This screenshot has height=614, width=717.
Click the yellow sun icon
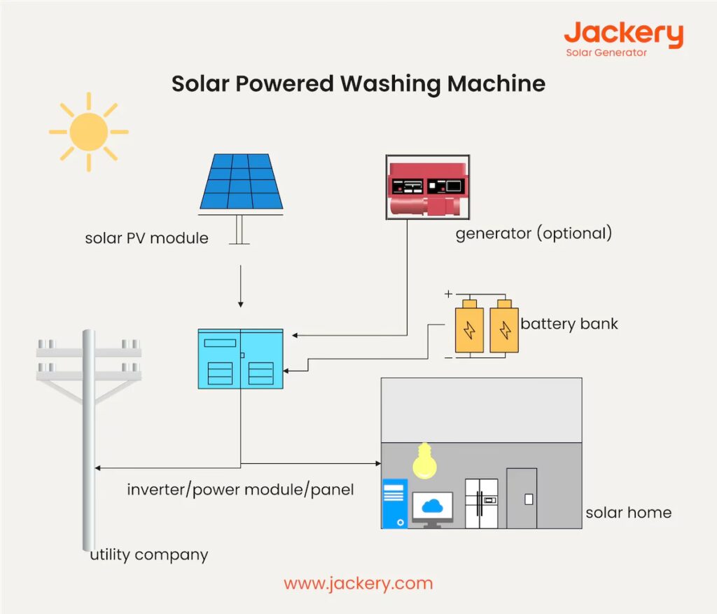(x=88, y=132)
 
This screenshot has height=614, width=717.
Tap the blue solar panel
(x=242, y=182)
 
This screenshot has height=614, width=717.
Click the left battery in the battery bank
(x=470, y=328)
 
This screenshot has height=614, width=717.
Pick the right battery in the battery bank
(x=503, y=328)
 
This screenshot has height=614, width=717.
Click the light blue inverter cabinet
(x=240, y=359)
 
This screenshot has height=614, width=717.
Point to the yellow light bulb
(x=422, y=462)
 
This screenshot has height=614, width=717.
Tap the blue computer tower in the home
(x=394, y=503)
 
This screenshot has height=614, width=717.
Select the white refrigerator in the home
(x=481, y=503)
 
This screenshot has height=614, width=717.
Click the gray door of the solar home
(x=522, y=498)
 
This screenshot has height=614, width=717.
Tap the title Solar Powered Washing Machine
(x=358, y=83)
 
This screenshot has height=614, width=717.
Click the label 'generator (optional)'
(x=534, y=233)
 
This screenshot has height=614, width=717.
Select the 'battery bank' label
(x=569, y=325)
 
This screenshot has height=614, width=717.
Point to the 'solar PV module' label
(x=146, y=238)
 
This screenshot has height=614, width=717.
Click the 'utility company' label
(x=149, y=555)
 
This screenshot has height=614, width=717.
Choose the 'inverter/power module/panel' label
(x=240, y=489)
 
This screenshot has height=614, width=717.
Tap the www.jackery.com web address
(x=358, y=583)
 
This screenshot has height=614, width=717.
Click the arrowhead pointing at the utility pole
(x=98, y=468)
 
